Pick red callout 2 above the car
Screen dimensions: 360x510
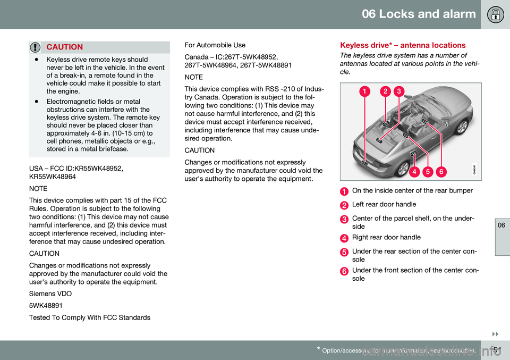(386, 91)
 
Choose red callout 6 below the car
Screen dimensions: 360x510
(441, 171)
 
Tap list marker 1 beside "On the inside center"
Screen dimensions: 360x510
(344, 191)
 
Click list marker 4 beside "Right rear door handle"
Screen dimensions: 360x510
(344, 238)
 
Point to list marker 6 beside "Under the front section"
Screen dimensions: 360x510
(344, 271)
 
